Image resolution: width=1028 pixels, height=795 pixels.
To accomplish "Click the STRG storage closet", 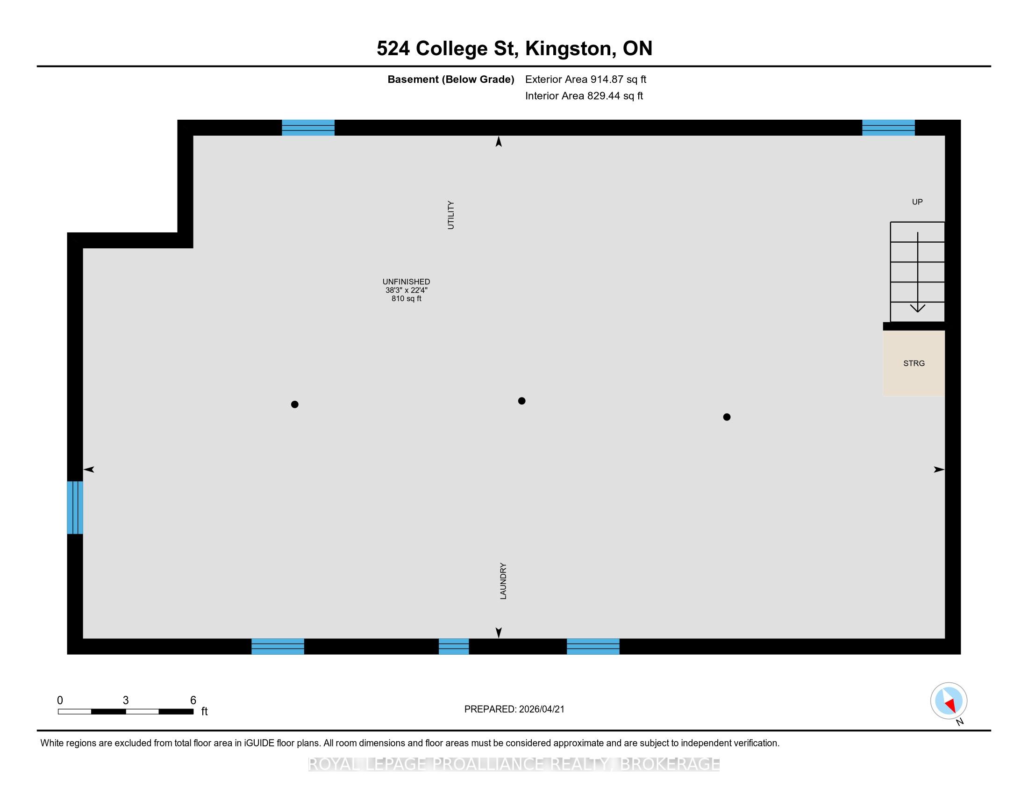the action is [x=914, y=363].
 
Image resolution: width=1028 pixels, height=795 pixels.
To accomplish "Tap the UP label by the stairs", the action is [x=917, y=202].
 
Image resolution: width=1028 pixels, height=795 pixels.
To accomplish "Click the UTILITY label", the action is [x=451, y=215].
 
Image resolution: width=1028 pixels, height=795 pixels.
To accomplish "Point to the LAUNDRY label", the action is [x=503, y=581].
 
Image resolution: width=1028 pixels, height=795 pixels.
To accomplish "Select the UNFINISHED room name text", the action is [x=406, y=282].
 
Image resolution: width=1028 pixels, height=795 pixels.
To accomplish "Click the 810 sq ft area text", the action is [x=406, y=299].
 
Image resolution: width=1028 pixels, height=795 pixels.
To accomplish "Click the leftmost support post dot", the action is [x=295, y=404].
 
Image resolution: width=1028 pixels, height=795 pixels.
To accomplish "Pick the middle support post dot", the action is [x=521, y=401].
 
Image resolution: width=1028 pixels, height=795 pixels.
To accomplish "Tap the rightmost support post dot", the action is [x=727, y=417].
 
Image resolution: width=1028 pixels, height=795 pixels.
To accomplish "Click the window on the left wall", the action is [x=75, y=507].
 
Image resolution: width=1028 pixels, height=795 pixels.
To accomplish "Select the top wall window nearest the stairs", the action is [x=888, y=128].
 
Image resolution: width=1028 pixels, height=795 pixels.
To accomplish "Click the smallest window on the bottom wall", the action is [x=454, y=646].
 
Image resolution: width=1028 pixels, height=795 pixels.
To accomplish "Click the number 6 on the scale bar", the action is [x=193, y=701].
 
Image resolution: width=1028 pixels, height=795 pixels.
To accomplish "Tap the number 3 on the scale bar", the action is [x=126, y=701].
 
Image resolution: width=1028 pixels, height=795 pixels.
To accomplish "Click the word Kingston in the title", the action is [x=568, y=49].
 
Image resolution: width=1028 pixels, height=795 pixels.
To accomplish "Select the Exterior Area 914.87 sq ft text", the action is [x=585, y=79].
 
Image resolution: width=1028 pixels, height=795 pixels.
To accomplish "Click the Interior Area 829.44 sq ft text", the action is [x=584, y=96].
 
